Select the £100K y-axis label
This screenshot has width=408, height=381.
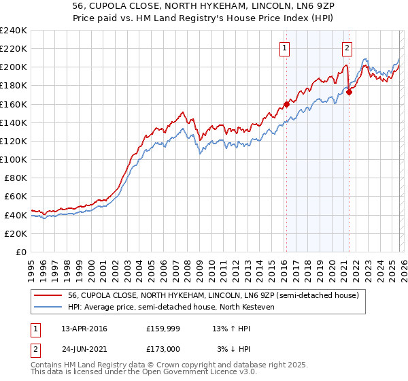click(x=14, y=159)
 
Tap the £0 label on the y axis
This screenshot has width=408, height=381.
click(x=20, y=252)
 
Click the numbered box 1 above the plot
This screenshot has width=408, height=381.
click(x=284, y=48)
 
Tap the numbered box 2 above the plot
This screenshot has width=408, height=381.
click(x=347, y=48)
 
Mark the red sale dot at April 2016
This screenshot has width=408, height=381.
click(x=286, y=104)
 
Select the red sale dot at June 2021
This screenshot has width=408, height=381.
click(x=349, y=93)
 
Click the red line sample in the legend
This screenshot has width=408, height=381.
click(x=48, y=295)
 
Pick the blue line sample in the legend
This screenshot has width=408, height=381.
click(x=48, y=307)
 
